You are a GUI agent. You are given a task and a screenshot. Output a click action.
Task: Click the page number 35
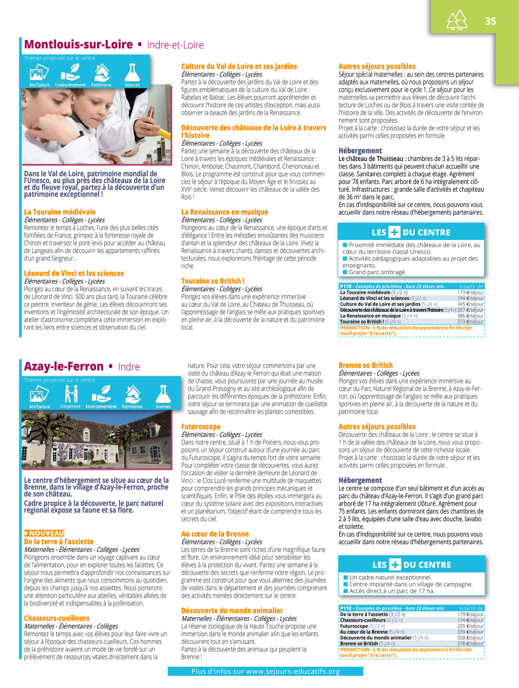(x=490, y=21)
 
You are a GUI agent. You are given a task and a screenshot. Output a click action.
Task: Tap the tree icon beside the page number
(x=457, y=20)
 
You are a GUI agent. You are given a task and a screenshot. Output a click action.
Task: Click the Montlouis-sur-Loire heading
(x=78, y=44)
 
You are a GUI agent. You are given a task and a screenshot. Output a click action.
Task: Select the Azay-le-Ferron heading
(x=64, y=367)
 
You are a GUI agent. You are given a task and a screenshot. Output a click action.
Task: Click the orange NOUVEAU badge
(x=44, y=533)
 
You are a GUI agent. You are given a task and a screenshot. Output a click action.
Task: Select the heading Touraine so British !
(x=213, y=281)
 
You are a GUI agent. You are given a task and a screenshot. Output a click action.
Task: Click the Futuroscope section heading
(x=201, y=426)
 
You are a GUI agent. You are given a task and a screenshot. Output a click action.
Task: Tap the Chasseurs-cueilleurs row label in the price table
(x=363, y=620)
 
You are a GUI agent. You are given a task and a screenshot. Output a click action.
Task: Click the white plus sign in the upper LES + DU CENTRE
(x=395, y=233)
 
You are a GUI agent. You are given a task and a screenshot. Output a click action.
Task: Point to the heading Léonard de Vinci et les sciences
(x=74, y=273)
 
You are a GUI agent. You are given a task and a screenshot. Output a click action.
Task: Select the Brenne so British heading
(x=366, y=365)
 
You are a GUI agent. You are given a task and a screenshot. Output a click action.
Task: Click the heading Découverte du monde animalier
(x=232, y=611)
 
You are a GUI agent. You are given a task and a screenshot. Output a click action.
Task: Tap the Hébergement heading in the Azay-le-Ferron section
(x=360, y=481)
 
